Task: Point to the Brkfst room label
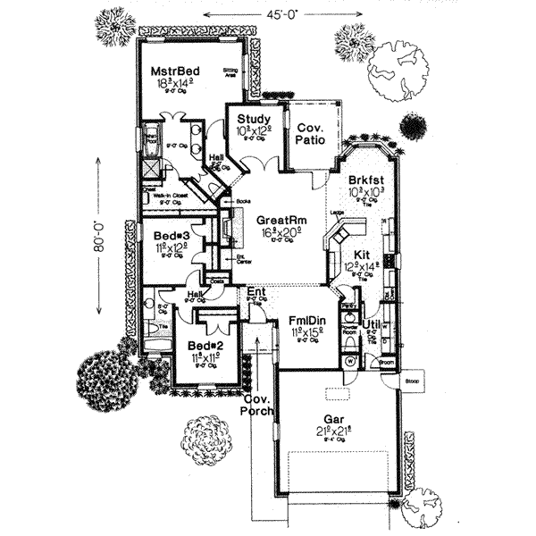(364, 179)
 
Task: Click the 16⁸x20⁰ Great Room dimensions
(275, 230)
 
